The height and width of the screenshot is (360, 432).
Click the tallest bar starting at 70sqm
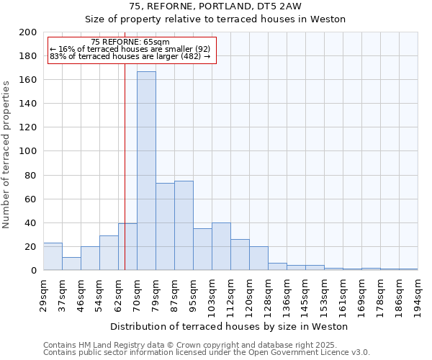coord(146,171)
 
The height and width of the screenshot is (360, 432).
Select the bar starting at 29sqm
coord(53,256)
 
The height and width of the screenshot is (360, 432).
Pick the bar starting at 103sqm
coord(221,246)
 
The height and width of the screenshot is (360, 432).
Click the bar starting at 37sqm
coord(71,264)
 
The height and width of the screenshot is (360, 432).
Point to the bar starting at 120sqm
coord(258,258)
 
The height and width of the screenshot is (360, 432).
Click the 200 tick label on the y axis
coord(28,32)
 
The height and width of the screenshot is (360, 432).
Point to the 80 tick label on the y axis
coord(31,175)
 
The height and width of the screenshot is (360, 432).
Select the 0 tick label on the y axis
coord(34,271)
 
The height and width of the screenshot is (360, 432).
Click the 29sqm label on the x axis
coord(44,295)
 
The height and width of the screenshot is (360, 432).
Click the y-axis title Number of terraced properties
coord(6,154)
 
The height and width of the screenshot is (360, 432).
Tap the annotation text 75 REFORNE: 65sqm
coord(130,42)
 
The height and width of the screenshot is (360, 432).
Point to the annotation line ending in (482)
coord(130,56)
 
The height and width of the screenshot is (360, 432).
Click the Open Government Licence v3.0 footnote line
coord(207,353)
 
